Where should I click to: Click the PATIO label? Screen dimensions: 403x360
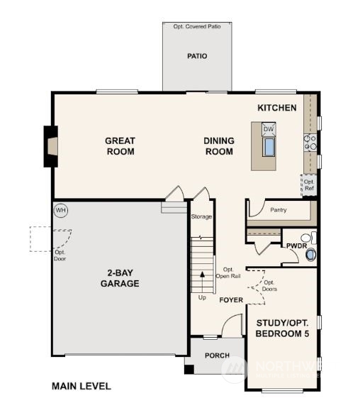(x=197, y=56)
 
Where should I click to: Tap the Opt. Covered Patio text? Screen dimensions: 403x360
(x=197, y=26)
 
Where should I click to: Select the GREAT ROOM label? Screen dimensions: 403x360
(x=120, y=145)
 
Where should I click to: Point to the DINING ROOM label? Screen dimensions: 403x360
(x=219, y=145)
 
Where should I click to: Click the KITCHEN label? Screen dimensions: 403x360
(x=276, y=108)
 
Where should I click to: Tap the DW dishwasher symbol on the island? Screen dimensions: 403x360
(x=268, y=128)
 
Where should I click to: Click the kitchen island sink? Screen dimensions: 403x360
(x=269, y=146)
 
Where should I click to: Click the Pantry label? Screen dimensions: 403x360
(x=278, y=209)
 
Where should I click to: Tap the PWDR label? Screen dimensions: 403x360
(x=296, y=245)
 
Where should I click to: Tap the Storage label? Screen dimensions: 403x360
(x=201, y=216)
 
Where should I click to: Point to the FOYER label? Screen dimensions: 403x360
(x=231, y=300)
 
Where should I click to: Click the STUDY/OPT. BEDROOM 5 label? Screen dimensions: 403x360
(x=282, y=328)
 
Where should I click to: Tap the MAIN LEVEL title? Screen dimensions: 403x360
(x=81, y=386)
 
